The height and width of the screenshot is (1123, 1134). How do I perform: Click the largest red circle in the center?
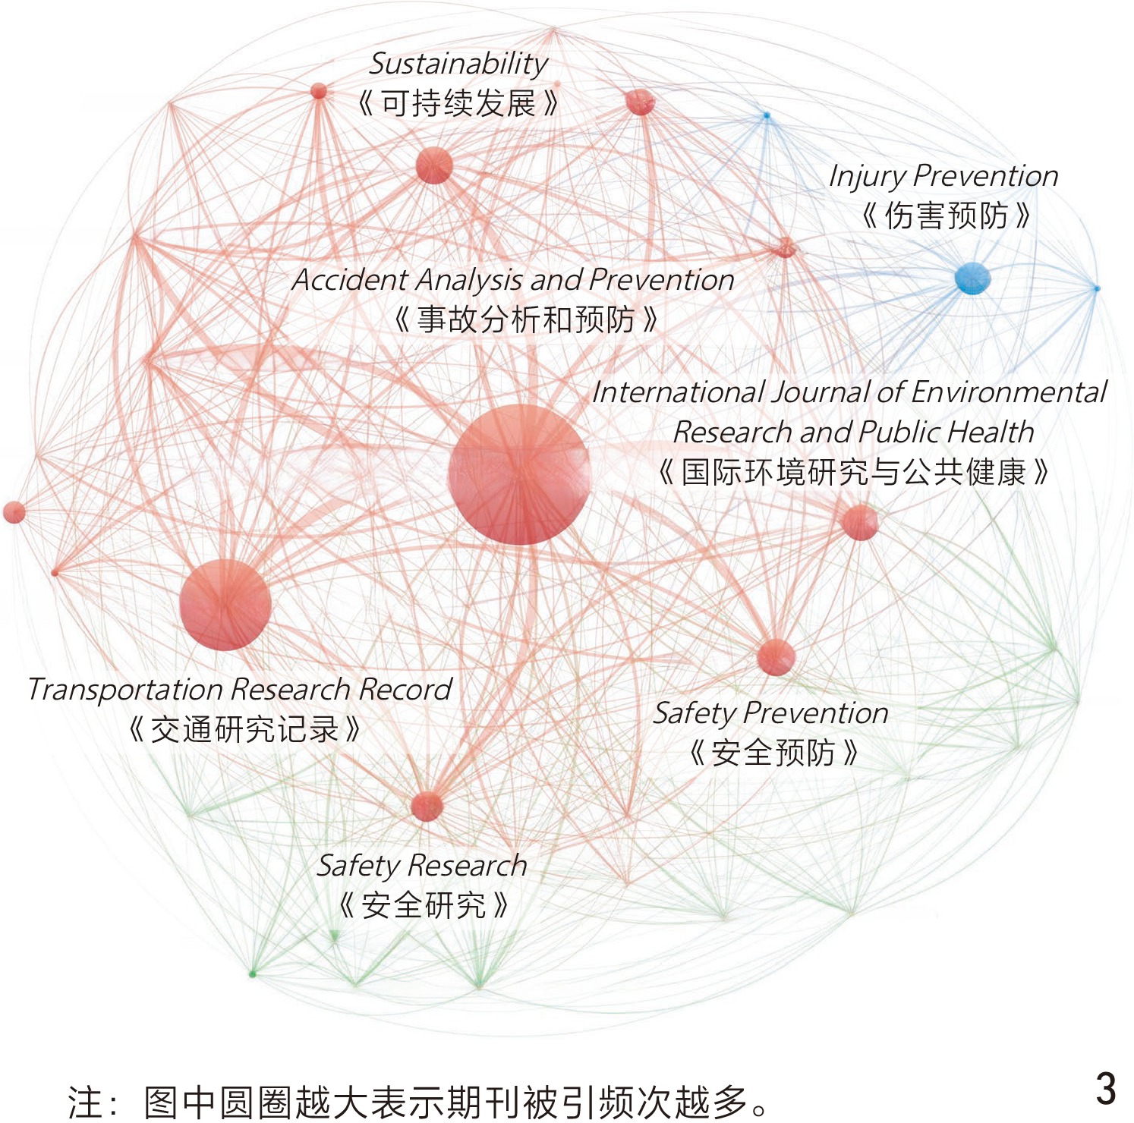(x=519, y=474)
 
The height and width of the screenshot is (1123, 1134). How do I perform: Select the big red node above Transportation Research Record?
(x=225, y=605)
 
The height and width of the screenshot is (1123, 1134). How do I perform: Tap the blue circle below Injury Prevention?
(x=972, y=278)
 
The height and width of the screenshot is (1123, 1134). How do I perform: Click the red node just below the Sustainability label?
(x=434, y=165)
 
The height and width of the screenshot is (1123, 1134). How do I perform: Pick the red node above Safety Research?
(x=427, y=806)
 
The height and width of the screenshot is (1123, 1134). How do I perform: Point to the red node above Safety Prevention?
(x=776, y=657)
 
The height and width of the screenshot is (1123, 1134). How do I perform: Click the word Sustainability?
(x=458, y=64)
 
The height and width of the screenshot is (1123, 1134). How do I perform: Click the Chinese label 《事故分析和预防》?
(x=525, y=319)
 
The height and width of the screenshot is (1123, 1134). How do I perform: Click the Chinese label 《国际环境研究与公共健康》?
(x=853, y=473)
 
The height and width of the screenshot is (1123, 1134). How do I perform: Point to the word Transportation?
(x=125, y=690)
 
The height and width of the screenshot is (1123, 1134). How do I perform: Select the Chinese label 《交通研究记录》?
(x=244, y=730)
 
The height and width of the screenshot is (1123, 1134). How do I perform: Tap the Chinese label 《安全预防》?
(x=773, y=753)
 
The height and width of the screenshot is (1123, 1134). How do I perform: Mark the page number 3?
(x=1106, y=1089)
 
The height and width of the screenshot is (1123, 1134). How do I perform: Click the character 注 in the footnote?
(x=85, y=1103)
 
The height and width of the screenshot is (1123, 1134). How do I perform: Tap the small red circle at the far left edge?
(x=14, y=512)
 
